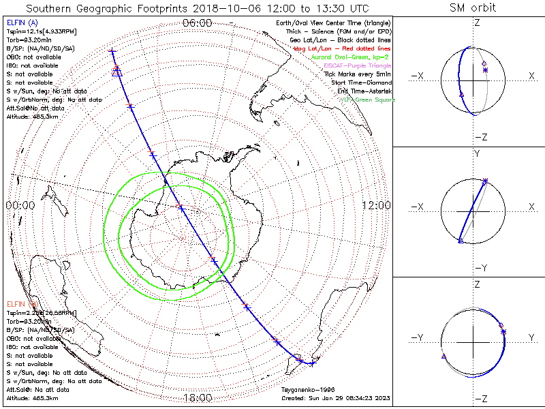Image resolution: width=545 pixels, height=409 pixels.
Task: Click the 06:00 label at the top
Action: pyautogui.click(x=198, y=23)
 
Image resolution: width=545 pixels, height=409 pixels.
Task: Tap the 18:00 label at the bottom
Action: pyautogui.click(x=198, y=397)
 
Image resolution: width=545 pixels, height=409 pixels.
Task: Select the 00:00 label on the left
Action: pyautogui.click(x=20, y=205)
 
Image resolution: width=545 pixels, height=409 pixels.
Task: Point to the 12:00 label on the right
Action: pyautogui.click(x=375, y=205)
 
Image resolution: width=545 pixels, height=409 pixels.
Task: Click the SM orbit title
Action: pyautogui.click(x=473, y=8)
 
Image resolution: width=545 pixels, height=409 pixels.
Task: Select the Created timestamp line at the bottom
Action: pyautogui.click(x=336, y=398)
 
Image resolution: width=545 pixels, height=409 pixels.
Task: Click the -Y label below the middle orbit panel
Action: pyautogui.click(x=478, y=267)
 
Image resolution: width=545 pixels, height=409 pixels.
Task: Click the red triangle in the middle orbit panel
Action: pyautogui.click(x=461, y=241)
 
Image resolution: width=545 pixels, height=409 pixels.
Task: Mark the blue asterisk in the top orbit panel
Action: pyautogui.click(x=485, y=70)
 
